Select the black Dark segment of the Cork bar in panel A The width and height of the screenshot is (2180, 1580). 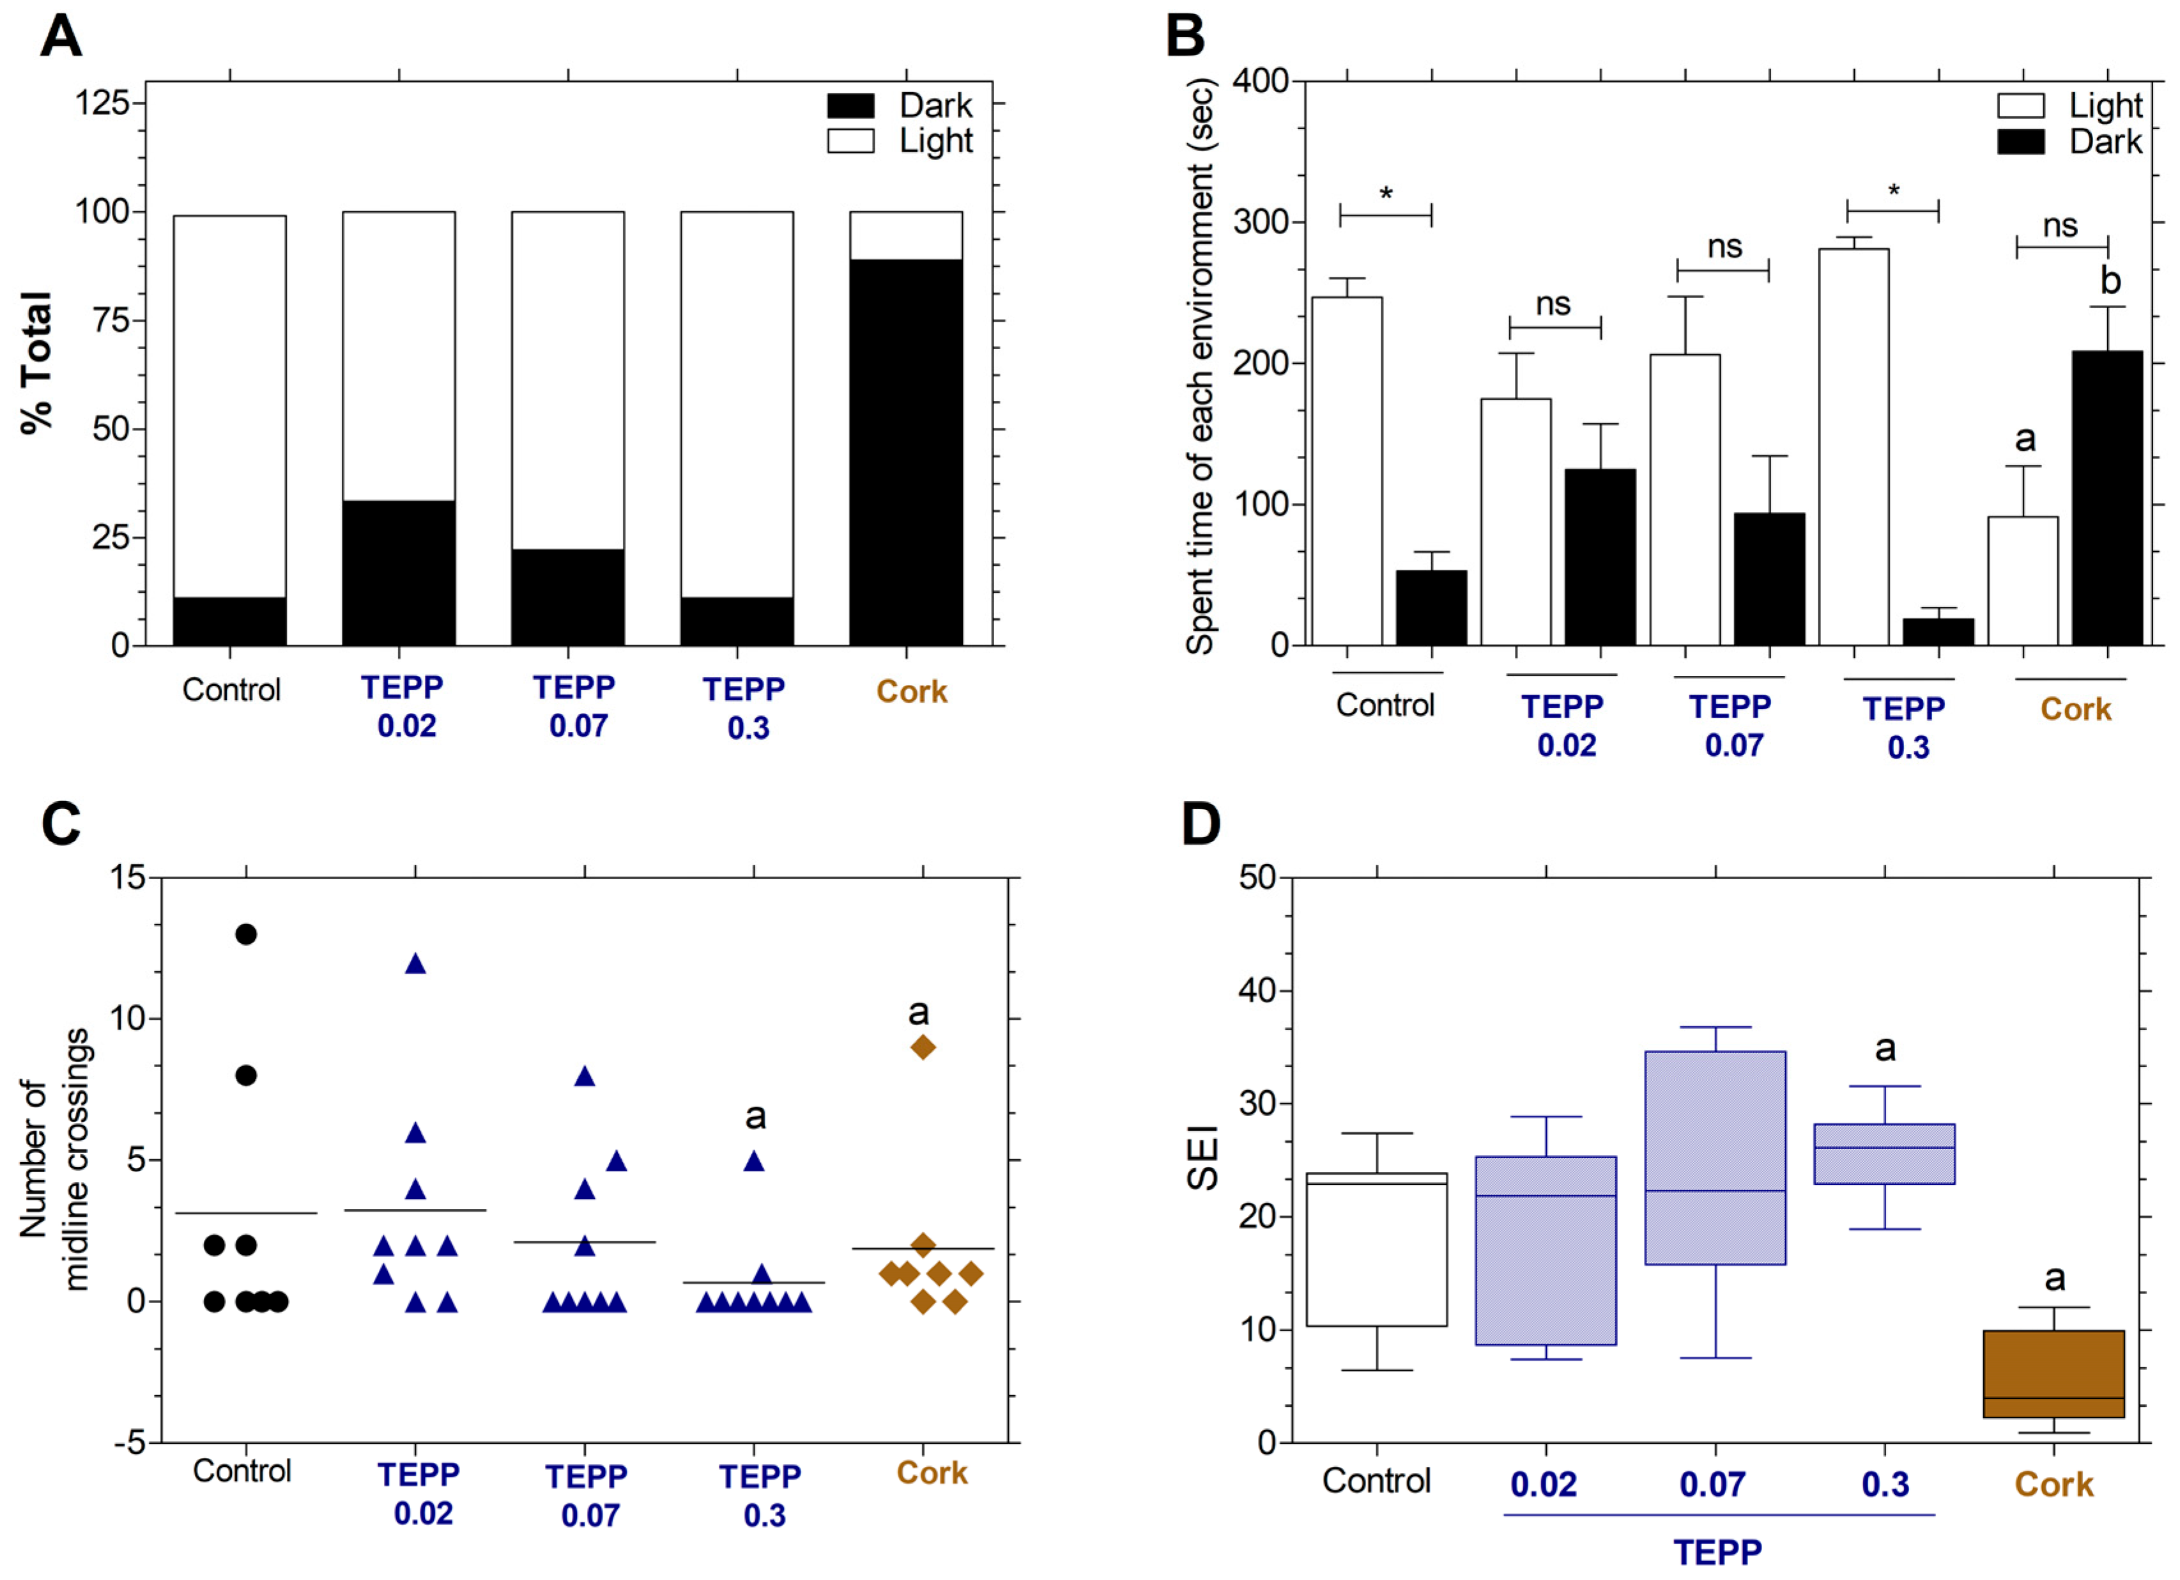pos(905,452)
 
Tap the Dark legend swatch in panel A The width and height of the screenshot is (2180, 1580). pos(850,105)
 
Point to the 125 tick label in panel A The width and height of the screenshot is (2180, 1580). pos(103,102)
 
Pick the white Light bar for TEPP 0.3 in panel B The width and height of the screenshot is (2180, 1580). pos(1854,447)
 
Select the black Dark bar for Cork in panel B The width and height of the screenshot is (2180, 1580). pos(2107,498)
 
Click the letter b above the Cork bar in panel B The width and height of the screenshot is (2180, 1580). pos(2110,280)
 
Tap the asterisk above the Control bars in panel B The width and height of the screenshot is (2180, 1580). pos(1386,195)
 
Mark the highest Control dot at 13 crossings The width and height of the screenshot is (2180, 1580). pos(246,934)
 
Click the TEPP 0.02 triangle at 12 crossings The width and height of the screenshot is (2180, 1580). pos(415,964)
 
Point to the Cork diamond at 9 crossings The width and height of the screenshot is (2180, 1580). pos(923,1047)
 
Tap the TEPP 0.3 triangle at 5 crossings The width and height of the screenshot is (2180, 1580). pos(755,1161)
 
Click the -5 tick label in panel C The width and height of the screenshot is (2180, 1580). pos(129,1443)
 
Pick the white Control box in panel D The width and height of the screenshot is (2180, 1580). pos(1376,1249)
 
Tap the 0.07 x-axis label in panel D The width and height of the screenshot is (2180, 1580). pos(1712,1485)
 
